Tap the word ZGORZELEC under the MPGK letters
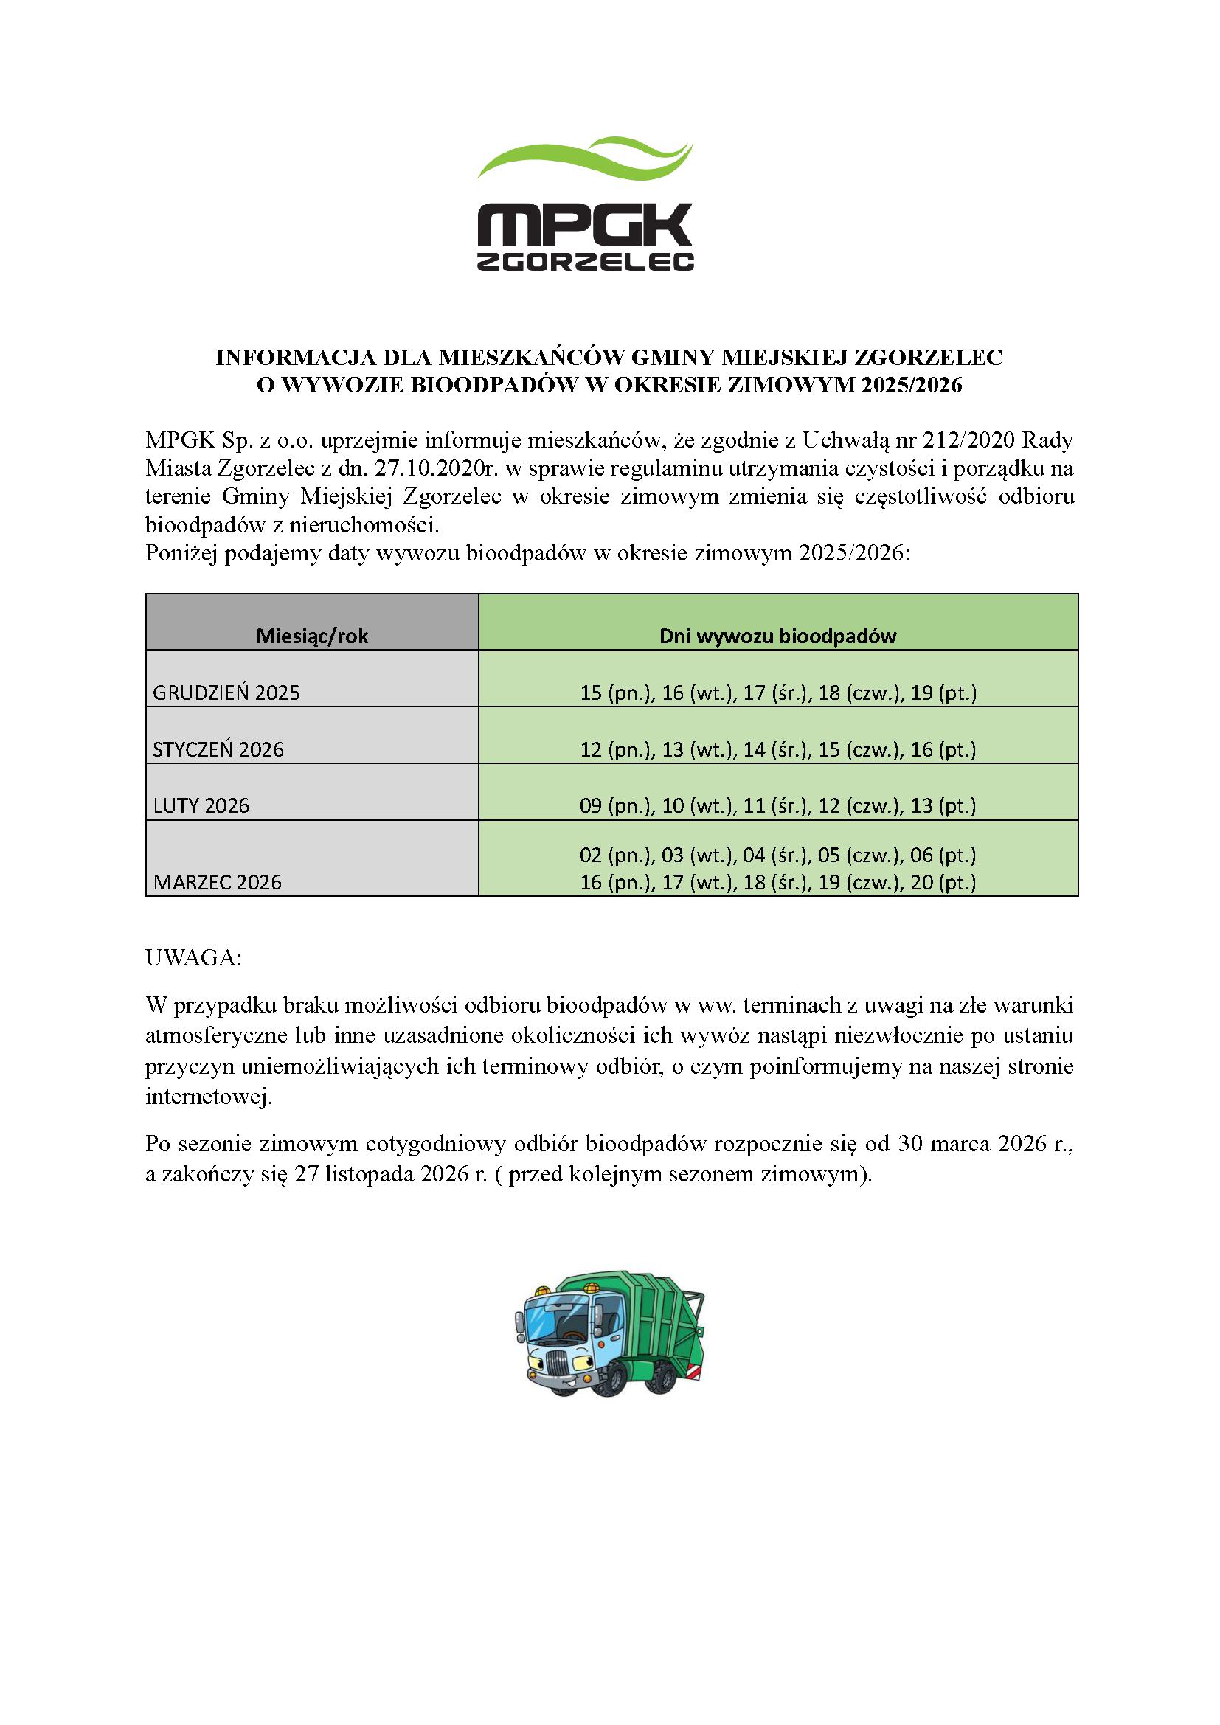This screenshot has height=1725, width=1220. (585, 260)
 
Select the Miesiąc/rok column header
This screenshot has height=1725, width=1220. (312, 636)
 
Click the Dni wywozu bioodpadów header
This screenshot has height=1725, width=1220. (777, 636)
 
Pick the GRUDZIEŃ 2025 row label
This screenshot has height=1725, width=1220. (226, 693)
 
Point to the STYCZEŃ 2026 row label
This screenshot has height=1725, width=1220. (218, 749)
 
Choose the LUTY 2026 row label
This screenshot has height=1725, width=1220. (201, 805)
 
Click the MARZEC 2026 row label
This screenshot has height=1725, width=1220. (217, 882)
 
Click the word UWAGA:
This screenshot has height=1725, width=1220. (193, 958)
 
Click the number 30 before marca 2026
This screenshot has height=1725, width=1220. (910, 1144)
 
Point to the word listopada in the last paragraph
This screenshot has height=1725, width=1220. (370, 1173)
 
